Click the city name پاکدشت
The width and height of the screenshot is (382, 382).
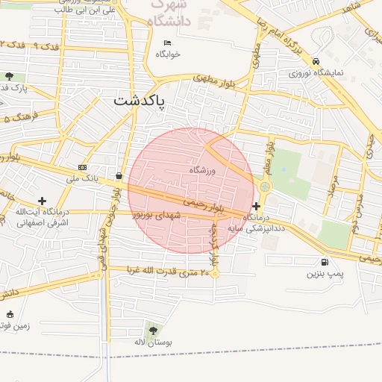click(x=140, y=101)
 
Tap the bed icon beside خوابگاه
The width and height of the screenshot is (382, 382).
click(x=167, y=43)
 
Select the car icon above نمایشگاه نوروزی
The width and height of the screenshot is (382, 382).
click(x=316, y=61)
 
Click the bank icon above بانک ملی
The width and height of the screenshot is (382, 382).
click(x=82, y=167)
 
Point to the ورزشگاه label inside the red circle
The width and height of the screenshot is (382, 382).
click(x=202, y=170)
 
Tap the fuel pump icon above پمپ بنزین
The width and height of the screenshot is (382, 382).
click(x=325, y=262)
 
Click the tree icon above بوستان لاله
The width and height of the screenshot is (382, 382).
click(x=153, y=329)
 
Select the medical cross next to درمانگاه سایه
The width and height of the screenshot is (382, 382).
click(x=257, y=205)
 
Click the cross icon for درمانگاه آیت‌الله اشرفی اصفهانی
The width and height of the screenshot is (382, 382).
click(x=42, y=201)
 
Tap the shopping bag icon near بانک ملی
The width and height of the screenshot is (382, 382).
click(x=119, y=176)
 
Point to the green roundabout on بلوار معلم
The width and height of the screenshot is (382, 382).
click(x=265, y=187)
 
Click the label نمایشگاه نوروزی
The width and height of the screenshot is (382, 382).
click(x=316, y=73)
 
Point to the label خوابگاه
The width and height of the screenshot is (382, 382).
click(x=168, y=54)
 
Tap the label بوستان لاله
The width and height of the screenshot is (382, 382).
click(x=153, y=342)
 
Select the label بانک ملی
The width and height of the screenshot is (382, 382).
click(x=82, y=178)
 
